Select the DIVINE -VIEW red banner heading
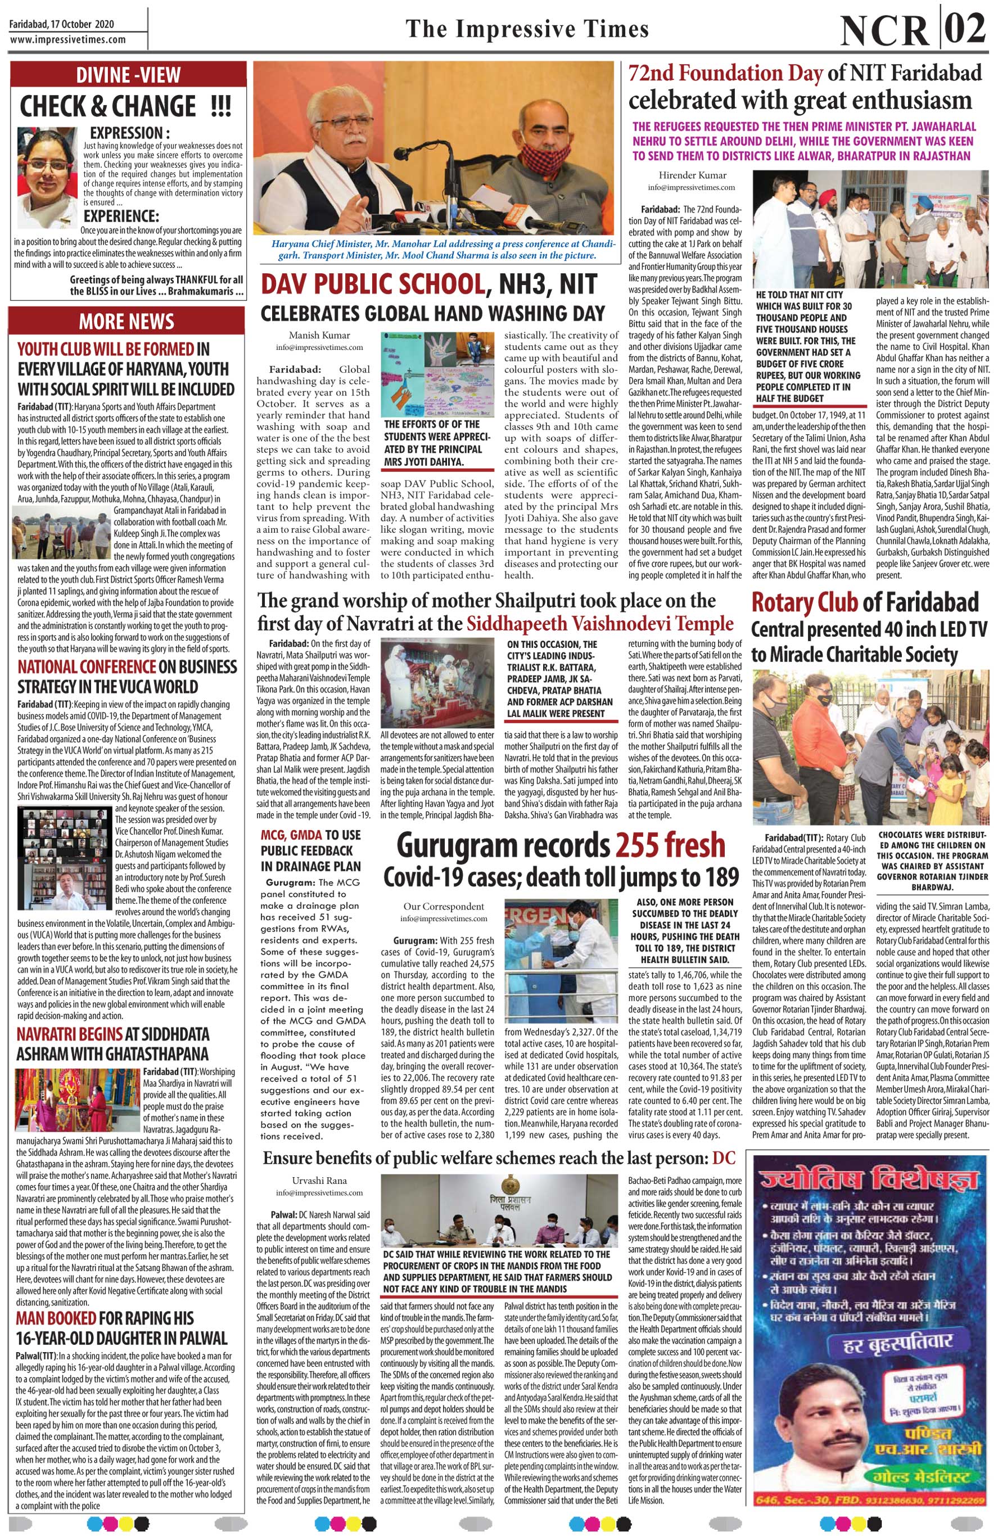pyautogui.click(x=127, y=74)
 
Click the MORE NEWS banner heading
pyautogui.click(x=127, y=321)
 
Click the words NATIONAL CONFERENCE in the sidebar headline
pyautogui.click(x=87, y=665)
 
